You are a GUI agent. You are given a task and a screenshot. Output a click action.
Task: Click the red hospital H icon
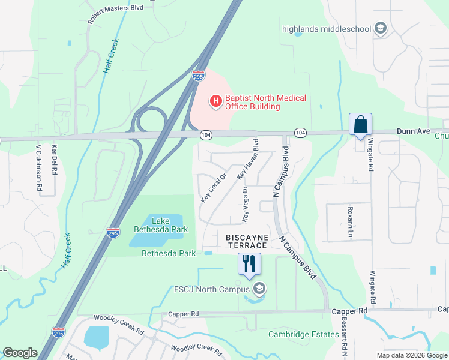(215, 102)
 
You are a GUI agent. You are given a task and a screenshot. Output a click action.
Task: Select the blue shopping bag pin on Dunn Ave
(360, 125)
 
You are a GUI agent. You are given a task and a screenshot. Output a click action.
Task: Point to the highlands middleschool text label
(327, 28)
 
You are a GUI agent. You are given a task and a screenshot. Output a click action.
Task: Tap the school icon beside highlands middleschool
(379, 28)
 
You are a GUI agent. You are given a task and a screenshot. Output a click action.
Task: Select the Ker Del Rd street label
(54, 159)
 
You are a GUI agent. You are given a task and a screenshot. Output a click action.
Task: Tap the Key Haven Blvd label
(247, 160)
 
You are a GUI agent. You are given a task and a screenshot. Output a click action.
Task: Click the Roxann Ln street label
(350, 223)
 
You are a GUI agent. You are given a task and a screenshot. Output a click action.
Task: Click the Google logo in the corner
(20, 353)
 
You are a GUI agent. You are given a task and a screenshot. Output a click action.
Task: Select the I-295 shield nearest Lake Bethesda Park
(113, 232)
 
